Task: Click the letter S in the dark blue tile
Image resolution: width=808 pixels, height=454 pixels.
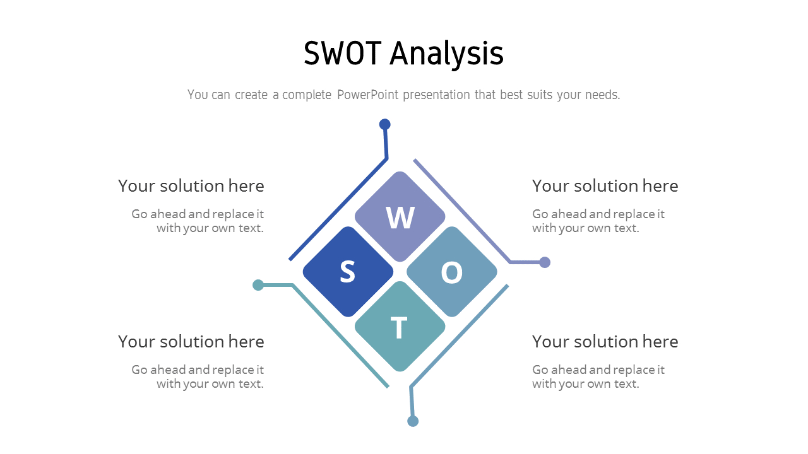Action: [348, 271]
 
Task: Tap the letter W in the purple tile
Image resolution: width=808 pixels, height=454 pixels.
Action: [400, 218]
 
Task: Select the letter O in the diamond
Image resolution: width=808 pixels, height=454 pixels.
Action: [451, 272]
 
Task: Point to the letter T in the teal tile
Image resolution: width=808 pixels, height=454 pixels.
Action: [399, 327]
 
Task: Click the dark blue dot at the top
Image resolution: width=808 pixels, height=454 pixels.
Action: [385, 124]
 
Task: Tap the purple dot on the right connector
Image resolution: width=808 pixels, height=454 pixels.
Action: [545, 262]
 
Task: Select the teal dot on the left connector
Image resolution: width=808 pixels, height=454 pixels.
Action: [258, 285]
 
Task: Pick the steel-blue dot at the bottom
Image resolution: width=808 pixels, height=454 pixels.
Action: [413, 421]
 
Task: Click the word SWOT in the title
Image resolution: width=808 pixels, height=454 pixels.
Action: [342, 54]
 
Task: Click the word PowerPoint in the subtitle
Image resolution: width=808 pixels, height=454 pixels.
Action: [367, 95]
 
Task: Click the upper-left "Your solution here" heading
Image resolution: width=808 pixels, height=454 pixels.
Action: [191, 186]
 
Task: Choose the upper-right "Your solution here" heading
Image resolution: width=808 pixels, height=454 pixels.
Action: [605, 186]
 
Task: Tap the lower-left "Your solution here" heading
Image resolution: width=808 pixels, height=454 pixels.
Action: [191, 342]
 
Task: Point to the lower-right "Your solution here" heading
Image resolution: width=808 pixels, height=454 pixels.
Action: [605, 342]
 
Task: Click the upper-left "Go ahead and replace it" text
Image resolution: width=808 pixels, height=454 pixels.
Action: [198, 214]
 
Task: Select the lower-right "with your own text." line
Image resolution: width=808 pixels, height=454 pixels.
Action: [585, 384]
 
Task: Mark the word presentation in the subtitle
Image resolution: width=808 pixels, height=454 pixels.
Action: [436, 95]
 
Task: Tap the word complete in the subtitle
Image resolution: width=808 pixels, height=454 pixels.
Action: [307, 95]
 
